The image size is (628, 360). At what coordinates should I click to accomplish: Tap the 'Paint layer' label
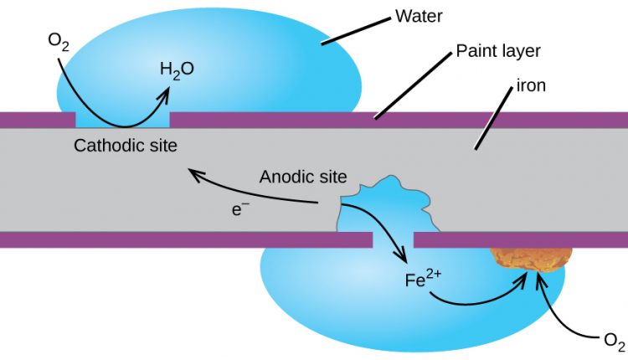[498, 51]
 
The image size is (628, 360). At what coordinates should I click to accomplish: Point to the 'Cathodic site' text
[126, 146]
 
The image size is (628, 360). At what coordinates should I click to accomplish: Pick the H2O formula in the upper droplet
[177, 69]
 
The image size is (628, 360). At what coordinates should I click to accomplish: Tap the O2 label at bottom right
[614, 341]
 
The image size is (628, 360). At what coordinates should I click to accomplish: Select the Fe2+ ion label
[422, 280]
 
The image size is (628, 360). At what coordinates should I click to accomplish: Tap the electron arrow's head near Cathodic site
[193, 172]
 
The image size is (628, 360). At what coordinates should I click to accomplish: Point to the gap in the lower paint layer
[393, 240]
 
